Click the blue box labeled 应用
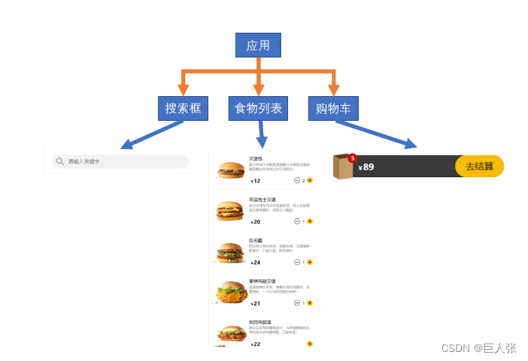point(258,45)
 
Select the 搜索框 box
point(183,108)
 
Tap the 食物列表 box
point(258,108)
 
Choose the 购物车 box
point(333,108)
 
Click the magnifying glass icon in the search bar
point(59,161)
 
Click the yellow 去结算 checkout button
point(479,167)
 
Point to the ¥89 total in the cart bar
point(366,167)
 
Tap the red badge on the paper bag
point(352,157)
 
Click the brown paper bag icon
point(343,168)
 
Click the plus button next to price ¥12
point(310,181)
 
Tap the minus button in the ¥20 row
point(297,221)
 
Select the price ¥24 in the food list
point(256,263)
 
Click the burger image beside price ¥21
point(230,292)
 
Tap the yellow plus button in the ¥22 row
point(310,344)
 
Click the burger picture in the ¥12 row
point(230,170)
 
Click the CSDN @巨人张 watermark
point(478,347)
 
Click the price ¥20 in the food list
point(256,222)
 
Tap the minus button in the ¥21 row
point(297,303)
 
